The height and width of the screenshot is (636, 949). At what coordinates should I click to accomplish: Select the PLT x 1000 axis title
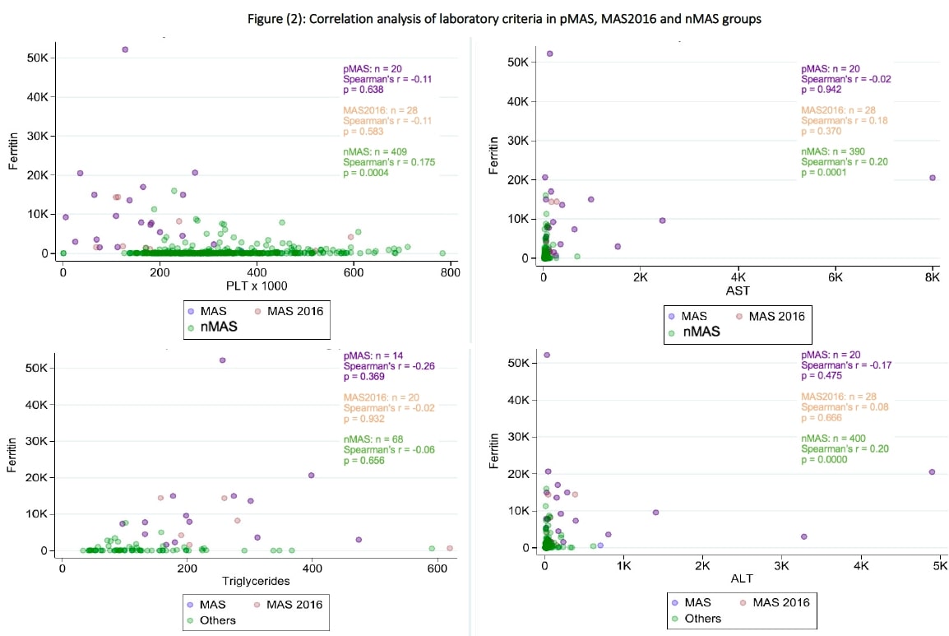click(x=259, y=286)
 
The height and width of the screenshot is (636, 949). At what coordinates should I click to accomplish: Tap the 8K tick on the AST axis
click(x=932, y=279)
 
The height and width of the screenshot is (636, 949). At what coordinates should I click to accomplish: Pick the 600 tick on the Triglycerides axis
click(x=437, y=567)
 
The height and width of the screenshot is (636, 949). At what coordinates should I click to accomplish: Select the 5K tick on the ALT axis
click(x=940, y=568)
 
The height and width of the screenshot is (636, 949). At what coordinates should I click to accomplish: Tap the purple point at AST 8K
click(x=932, y=178)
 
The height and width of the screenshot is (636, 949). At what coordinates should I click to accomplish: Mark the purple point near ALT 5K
click(x=932, y=471)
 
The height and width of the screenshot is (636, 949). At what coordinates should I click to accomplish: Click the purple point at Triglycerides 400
click(x=312, y=475)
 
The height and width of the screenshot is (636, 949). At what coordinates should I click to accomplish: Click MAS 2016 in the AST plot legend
click(x=774, y=316)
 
